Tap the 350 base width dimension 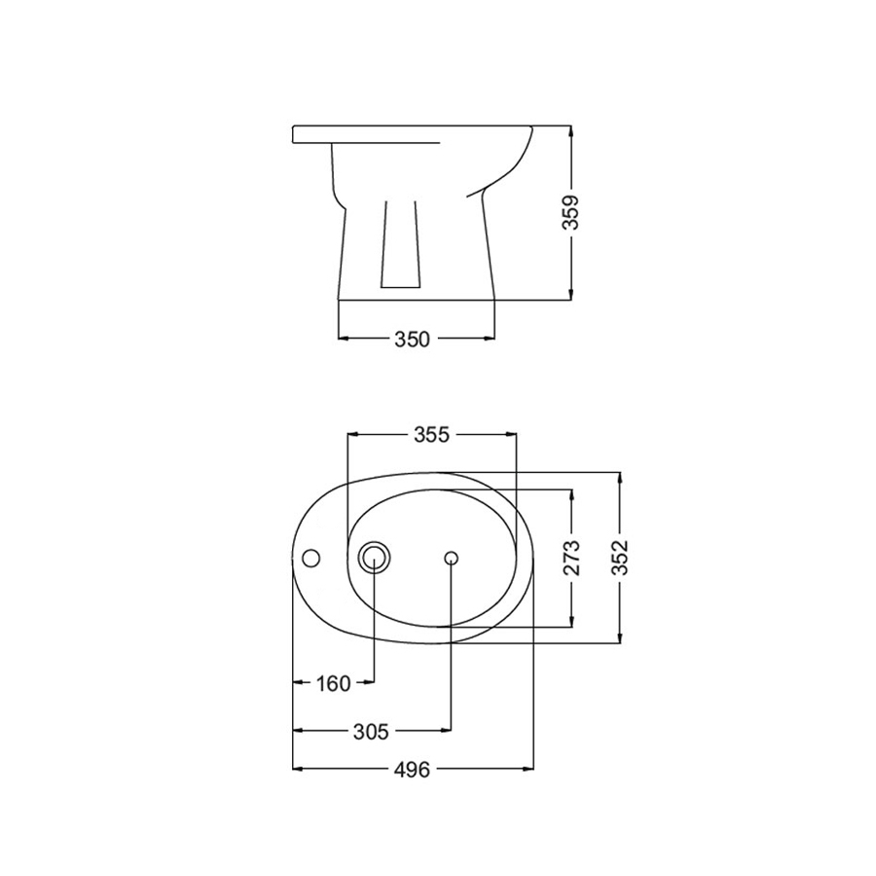point(413,339)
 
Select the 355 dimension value point(431,435)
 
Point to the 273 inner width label point(571,558)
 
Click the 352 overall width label point(620,558)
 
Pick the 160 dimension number point(334,682)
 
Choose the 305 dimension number point(371,731)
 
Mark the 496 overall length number point(413,770)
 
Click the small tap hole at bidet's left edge point(310,558)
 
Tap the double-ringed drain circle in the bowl point(375,558)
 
